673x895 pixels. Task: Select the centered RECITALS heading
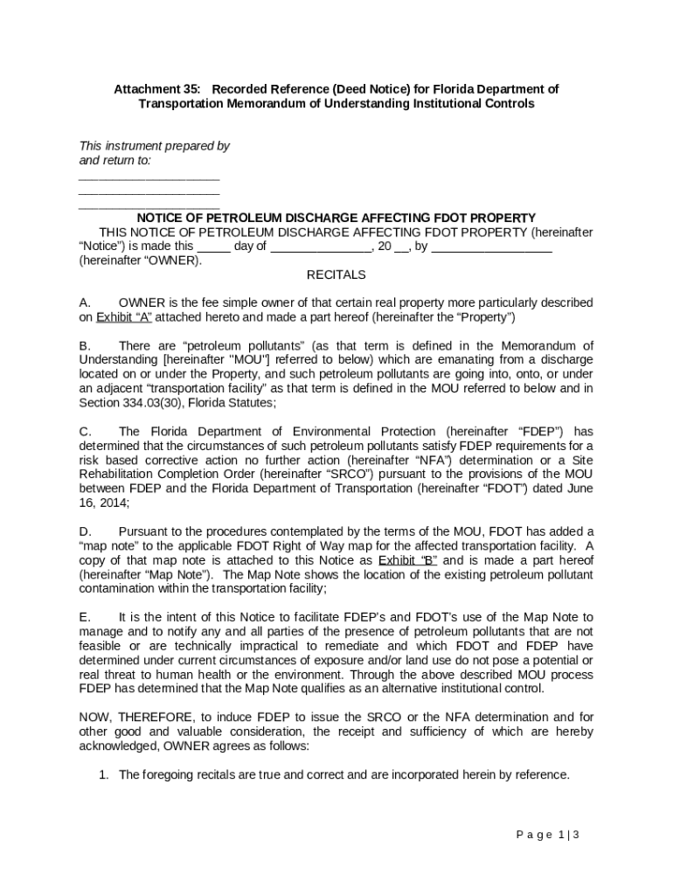coord(336,274)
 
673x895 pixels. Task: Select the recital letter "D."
coord(86,531)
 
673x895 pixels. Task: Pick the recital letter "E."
coord(86,617)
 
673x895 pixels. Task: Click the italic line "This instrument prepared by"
coord(155,146)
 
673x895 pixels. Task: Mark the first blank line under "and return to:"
coord(149,177)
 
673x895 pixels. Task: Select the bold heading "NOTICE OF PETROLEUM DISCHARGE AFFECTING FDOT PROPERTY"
coord(336,218)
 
